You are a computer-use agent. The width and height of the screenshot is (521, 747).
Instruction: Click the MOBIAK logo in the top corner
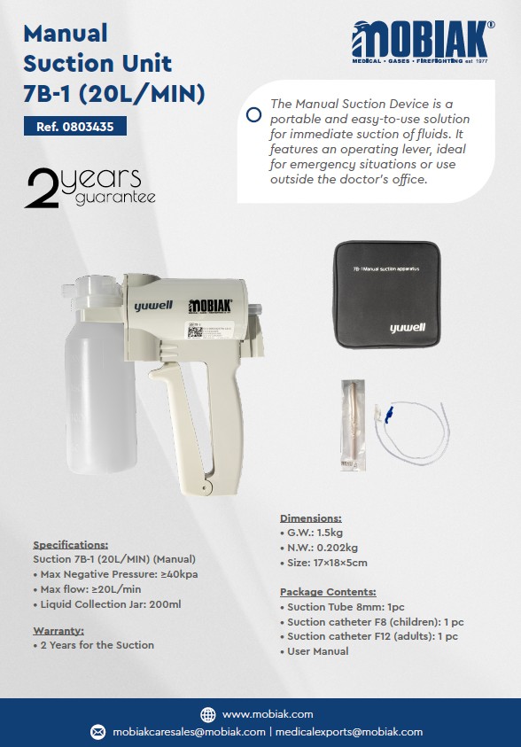tap(423, 40)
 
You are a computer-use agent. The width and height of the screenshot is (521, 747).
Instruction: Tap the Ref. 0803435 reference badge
tap(75, 127)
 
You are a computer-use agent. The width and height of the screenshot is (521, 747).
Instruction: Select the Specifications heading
tap(70, 545)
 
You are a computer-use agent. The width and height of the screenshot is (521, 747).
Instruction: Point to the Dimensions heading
tap(310, 518)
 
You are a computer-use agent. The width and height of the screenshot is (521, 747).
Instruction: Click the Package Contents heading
tap(328, 592)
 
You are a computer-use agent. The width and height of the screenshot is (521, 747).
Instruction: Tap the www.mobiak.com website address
tap(268, 714)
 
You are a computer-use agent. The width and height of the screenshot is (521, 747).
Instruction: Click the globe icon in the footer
tap(208, 714)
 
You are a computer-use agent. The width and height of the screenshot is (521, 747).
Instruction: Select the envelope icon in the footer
tap(98, 732)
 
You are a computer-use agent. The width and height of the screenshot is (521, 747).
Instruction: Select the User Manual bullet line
tap(317, 651)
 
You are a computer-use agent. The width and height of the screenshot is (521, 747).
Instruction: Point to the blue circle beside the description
tap(253, 114)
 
